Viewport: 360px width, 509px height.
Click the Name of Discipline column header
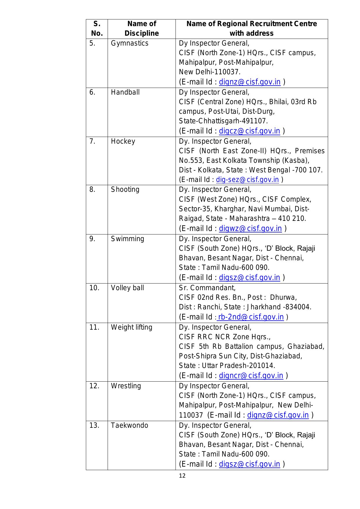point(142,28)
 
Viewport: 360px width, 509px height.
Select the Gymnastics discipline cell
point(129,43)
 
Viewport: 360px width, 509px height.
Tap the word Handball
point(125,92)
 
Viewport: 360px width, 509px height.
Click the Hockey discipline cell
point(123,141)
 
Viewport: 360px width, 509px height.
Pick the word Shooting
point(125,189)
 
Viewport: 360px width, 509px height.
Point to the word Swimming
point(127,239)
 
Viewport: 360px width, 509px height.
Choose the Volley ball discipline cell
point(127,288)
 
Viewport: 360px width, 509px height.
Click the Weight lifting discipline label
point(131,327)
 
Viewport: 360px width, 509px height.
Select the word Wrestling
point(126,386)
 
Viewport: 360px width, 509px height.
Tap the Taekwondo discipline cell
point(129,425)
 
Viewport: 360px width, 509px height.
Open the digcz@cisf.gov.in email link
point(249,131)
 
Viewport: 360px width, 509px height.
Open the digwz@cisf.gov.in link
point(250,229)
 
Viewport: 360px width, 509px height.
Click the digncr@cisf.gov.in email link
point(251,376)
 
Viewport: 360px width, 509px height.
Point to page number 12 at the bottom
point(182,476)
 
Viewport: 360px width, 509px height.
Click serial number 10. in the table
point(94,288)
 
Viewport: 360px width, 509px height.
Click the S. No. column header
point(97,28)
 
